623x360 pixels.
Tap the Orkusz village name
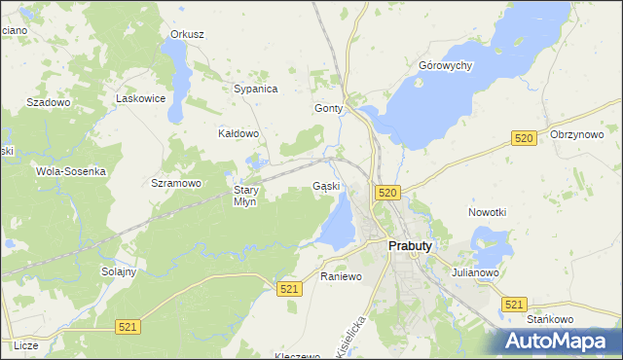coord(187,34)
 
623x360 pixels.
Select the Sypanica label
coord(256,89)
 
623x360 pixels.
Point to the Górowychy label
coord(445,65)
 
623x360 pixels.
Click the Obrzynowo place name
coord(577,134)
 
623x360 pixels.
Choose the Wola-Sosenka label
coord(70,170)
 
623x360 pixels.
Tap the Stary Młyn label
coord(244,196)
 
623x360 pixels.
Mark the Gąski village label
coord(326,186)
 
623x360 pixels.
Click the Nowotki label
coord(487,212)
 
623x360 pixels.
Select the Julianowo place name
coord(475,272)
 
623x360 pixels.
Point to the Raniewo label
coord(341,276)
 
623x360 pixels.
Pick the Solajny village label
coord(119,271)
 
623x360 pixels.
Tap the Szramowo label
coord(176,182)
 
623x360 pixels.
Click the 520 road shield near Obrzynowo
coord(524,139)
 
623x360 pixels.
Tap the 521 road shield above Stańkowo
coord(515,305)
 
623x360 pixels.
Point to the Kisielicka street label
coord(351,336)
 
